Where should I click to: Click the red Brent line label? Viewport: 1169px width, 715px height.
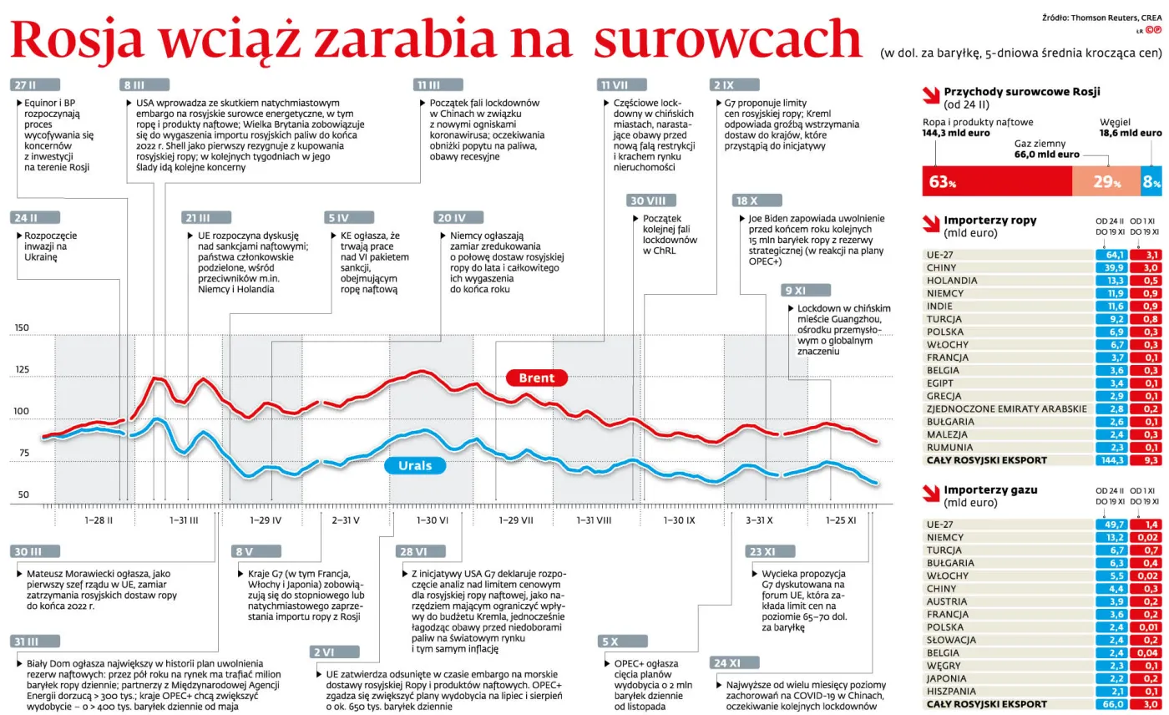(x=536, y=378)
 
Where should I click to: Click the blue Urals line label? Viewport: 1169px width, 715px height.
(x=415, y=465)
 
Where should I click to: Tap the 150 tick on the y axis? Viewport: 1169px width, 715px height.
(x=22, y=327)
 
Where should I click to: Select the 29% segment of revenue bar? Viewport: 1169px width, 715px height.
(x=1106, y=181)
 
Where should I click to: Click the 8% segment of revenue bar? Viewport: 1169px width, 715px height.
(x=1151, y=181)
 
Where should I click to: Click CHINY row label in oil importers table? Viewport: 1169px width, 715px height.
(x=941, y=267)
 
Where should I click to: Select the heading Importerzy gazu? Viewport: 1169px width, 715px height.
(x=990, y=489)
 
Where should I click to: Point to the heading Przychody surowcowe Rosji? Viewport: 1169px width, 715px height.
(x=1021, y=92)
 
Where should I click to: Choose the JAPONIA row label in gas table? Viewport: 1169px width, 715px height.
(x=948, y=678)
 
